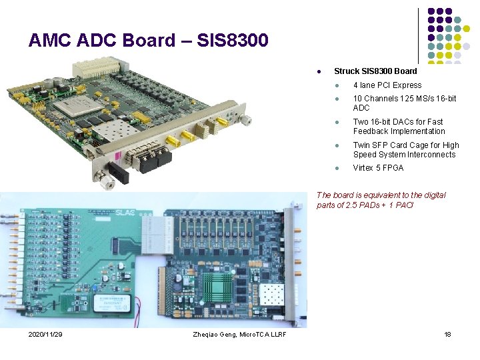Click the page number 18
coord(447,333)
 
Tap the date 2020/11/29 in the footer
coord(45,333)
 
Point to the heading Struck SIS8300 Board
coord(375,71)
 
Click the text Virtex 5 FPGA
coord(378,168)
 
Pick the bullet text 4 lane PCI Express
coord(387,85)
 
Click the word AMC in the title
coord(51,41)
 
